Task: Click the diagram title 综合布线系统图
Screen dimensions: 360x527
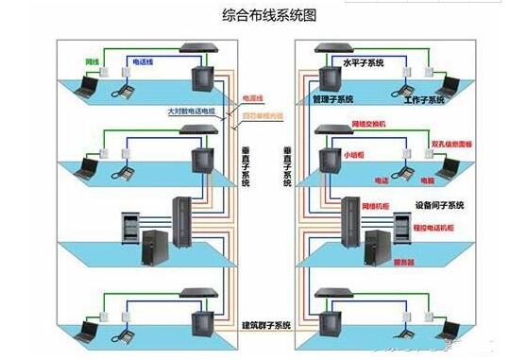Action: (263, 15)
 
